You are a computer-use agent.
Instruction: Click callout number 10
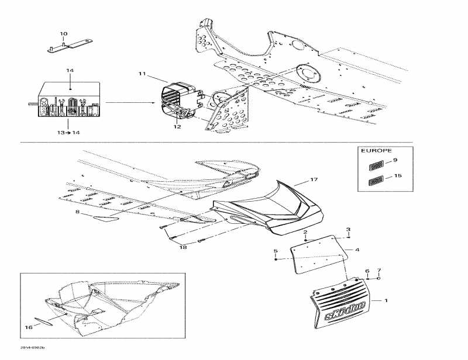64,33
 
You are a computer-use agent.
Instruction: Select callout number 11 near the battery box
142,74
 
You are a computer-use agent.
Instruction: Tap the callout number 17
314,179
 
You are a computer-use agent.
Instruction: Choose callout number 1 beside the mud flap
386,300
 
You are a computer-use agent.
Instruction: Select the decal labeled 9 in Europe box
375,165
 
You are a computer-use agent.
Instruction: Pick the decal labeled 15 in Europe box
375,181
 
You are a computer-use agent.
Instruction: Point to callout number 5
276,251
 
